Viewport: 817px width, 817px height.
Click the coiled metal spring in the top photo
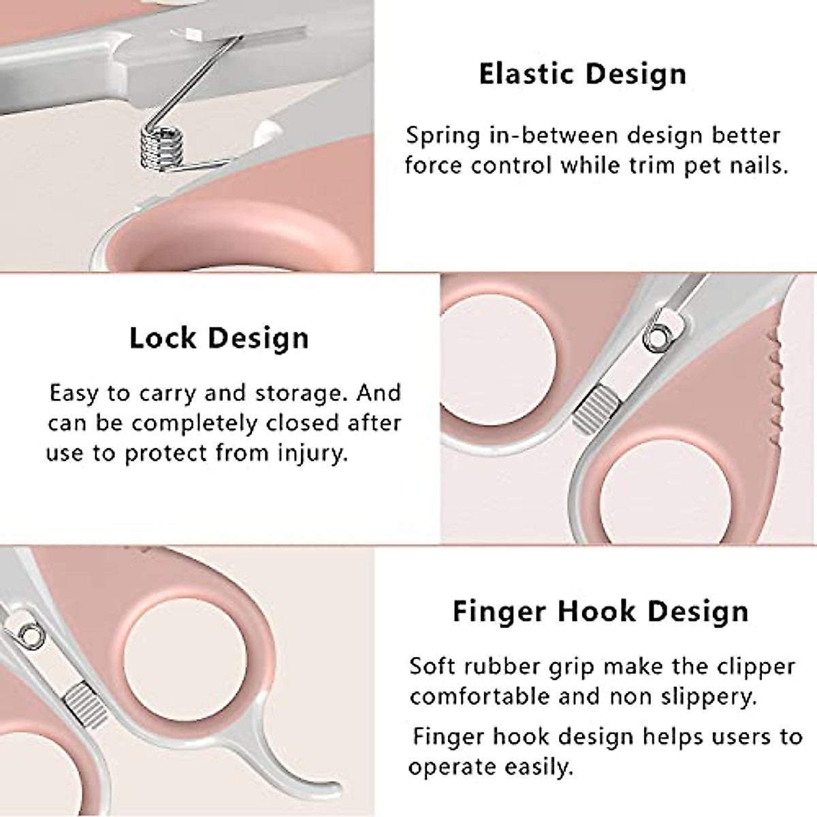point(159,144)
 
